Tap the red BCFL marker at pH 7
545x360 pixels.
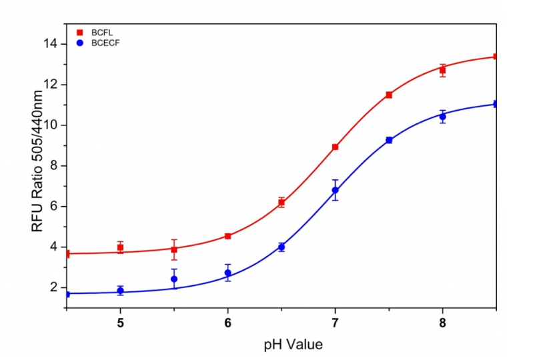(335, 147)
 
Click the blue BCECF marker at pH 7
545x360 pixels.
(335, 190)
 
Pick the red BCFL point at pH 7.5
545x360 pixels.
(389, 95)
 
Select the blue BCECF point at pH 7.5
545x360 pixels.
(389, 140)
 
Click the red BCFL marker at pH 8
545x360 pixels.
(442, 70)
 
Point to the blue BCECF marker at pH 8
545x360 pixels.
(442, 116)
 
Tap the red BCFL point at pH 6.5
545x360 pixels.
(282, 202)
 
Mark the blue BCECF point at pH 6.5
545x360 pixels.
(282, 247)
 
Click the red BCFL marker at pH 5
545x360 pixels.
(120, 247)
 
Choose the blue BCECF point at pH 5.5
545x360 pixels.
(174, 279)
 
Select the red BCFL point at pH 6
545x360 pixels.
(227, 236)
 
